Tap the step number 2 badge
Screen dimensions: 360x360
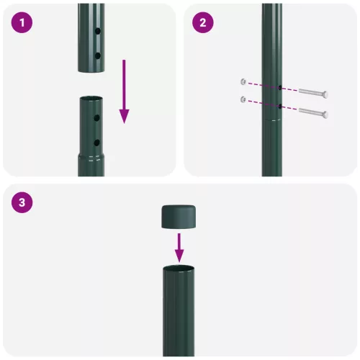[x=203, y=22]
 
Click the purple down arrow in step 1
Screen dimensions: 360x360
[x=124, y=91]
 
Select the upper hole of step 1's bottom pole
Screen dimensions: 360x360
[x=96, y=118]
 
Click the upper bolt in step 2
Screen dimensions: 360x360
[x=310, y=94]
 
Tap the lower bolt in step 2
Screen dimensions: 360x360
[x=310, y=112]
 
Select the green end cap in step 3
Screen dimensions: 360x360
[x=179, y=217]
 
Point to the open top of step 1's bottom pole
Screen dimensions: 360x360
[x=91, y=98]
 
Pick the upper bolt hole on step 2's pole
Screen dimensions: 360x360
[x=279, y=89]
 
